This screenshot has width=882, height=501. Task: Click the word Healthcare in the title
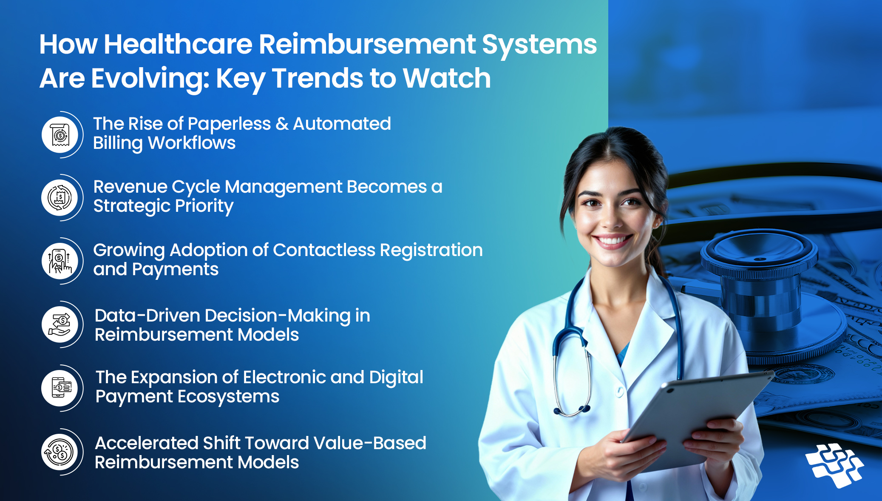pos(178,44)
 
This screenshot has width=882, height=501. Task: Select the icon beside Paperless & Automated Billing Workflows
pos(60,135)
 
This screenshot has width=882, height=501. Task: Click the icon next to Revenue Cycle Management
pos(60,198)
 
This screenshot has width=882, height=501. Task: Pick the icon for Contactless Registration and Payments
pos(60,261)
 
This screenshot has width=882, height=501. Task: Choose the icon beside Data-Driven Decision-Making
pos(60,325)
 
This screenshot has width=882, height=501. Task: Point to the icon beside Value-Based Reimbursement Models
pos(60,452)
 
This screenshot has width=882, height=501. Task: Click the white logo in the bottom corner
pos(834,465)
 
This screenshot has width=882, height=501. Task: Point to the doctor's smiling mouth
pos(613,241)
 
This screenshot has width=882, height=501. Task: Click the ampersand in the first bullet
pos(282,124)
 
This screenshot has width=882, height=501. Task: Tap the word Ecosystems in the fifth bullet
pos(228,397)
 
